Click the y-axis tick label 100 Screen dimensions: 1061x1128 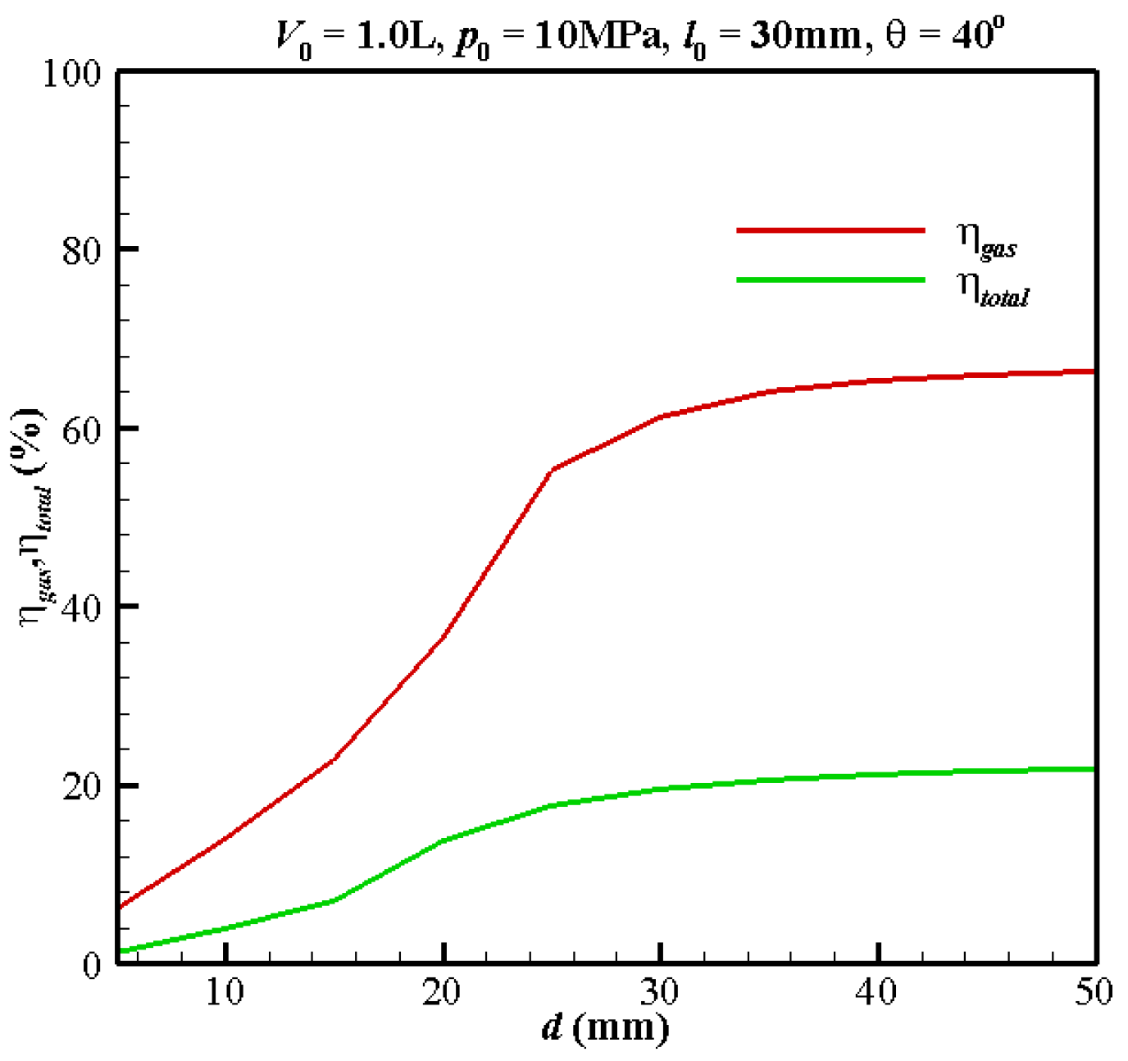[71, 74]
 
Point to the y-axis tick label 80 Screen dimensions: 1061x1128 [82, 250]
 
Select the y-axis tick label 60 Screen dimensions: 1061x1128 [82, 429]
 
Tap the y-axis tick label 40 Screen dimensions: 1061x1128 [82, 608]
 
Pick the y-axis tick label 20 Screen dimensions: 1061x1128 [82, 786]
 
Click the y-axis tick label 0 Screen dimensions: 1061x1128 [91, 965]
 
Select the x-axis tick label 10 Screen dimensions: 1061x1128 [225, 993]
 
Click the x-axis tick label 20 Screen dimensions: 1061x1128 [442, 993]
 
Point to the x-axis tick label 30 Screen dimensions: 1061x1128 [660, 993]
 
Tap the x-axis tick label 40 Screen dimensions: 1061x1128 [877, 993]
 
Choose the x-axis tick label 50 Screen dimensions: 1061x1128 [1094, 993]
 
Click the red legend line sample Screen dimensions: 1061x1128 [830, 230]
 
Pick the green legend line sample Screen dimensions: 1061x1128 [830, 280]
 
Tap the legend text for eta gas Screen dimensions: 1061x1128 [987, 239]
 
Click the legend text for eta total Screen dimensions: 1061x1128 [993, 289]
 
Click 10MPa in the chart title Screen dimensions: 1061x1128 [597, 37]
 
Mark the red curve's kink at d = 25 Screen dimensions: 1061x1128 [553, 470]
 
